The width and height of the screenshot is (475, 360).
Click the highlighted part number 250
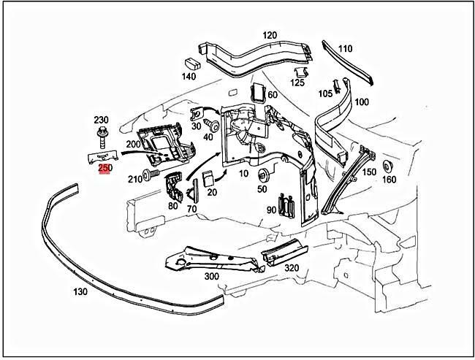[x=105, y=168]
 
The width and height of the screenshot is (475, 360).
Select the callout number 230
[x=101, y=120]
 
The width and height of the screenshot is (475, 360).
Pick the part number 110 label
[x=345, y=49]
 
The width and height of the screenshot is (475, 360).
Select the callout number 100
[x=361, y=102]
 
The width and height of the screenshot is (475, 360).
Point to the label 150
[x=370, y=172]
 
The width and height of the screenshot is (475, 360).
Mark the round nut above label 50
[x=262, y=175]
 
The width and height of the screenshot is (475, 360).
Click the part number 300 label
[x=211, y=277]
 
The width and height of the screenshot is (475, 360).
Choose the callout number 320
[x=291, y=267]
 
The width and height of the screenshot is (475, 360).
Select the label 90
[x=272, y=210]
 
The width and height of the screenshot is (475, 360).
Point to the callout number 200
[x=132, y=145]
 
